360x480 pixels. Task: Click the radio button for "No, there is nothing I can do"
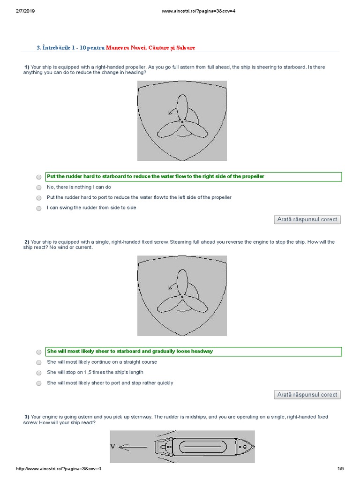click(38, 187)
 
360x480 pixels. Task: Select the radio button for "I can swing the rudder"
click(38, 208)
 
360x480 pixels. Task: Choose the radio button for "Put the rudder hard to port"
click(38, 198)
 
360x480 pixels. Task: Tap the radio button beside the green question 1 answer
click(38, 177)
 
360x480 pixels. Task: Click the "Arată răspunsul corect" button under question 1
click(307, 219)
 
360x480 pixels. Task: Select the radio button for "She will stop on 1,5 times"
click(38, 373)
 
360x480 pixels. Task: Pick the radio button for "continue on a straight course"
click(38, 363)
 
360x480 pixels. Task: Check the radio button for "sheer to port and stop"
click(38, 383)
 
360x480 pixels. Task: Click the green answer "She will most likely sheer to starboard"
click(130, 351)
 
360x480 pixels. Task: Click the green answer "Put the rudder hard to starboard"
click(156, 176)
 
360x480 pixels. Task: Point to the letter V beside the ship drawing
click(112, 447)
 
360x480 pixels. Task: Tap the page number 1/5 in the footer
click(340, 469)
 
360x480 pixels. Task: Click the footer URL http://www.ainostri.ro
click(59, 469)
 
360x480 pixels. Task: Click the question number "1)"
click(27, 67)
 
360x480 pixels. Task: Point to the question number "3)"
click(27, 417)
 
